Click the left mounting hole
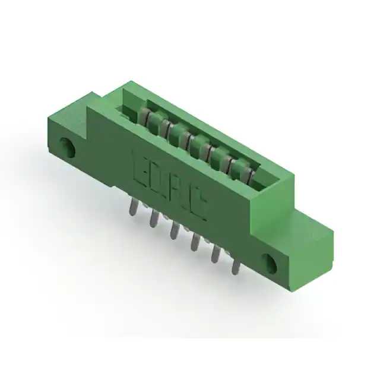coord(68,147)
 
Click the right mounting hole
coord(269,264)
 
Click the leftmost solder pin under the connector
coord(133,207)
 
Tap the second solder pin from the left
coord(154,218)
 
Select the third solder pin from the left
coord(174,230)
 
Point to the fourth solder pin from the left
coord(194,242)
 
